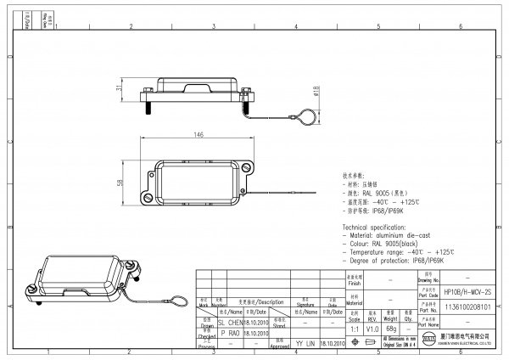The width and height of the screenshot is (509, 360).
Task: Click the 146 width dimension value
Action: pyautogui.click(x=199, y=135)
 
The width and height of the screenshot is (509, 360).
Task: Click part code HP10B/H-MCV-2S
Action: pyautogui.click(x=467, y=290)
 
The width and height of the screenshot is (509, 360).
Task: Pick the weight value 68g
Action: pyautogui.click(x=391, y=328)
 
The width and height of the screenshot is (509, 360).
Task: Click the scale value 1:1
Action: pyautogui.click(x=353, y=328)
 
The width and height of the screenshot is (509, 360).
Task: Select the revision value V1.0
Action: pyautogui.click(x=372, y=328)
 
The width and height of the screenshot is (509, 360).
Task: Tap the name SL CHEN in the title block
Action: pyautogui.click(x=231, y=323)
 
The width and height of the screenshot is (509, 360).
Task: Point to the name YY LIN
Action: pyautogui.click(x=305, y=344)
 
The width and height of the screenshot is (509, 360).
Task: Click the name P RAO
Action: pyautogui.click(x=229, y=334)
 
